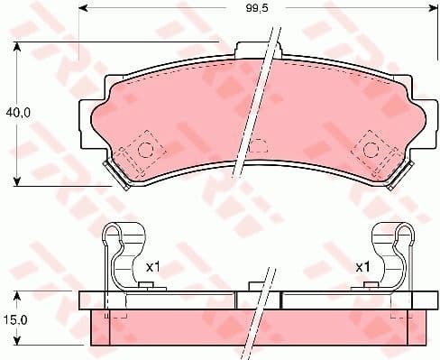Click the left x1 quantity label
click(x=153, y=268)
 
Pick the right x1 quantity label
click(x=362, y=268)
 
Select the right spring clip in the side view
click(x=393, y=256)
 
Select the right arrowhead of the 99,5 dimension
click(x=429, y=11)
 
